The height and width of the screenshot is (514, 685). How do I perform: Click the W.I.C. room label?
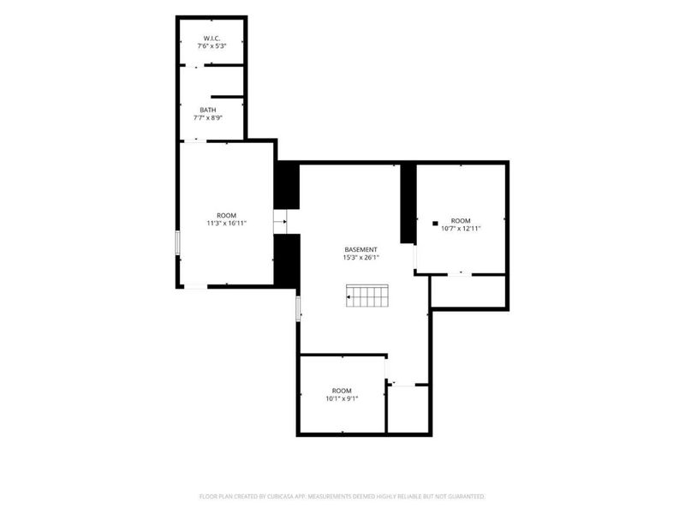[211, 39]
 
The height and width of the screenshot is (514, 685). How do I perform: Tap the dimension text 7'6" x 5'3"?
[211, 46]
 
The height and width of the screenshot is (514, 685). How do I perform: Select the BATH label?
[208, 111]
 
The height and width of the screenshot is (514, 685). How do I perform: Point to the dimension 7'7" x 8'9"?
[208, 117]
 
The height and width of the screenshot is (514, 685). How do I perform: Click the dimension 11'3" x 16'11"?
[227, 224]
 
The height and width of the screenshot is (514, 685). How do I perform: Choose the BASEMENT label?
[360, 250]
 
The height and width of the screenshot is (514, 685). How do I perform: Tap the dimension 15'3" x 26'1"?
[360, 258]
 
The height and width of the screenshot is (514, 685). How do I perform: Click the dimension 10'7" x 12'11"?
[461, 228]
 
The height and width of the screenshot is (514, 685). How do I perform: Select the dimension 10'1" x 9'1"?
[342, 398]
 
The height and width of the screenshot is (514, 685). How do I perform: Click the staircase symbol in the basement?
[367, 296]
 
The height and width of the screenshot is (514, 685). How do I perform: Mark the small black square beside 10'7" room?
[435, 224]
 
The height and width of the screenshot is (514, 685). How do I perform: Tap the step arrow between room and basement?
[281, 222]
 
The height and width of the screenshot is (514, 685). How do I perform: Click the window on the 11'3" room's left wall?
[178, 242]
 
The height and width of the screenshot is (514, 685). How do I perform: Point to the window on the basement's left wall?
[298, 308]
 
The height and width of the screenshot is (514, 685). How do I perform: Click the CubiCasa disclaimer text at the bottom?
[342, 497]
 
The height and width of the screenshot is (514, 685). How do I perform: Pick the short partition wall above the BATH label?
[227, 97]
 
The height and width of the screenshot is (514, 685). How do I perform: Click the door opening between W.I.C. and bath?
[195, 66]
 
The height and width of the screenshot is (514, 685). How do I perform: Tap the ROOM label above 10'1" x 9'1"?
[342, 391]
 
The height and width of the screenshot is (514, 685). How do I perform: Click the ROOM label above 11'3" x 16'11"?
[227, 216]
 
